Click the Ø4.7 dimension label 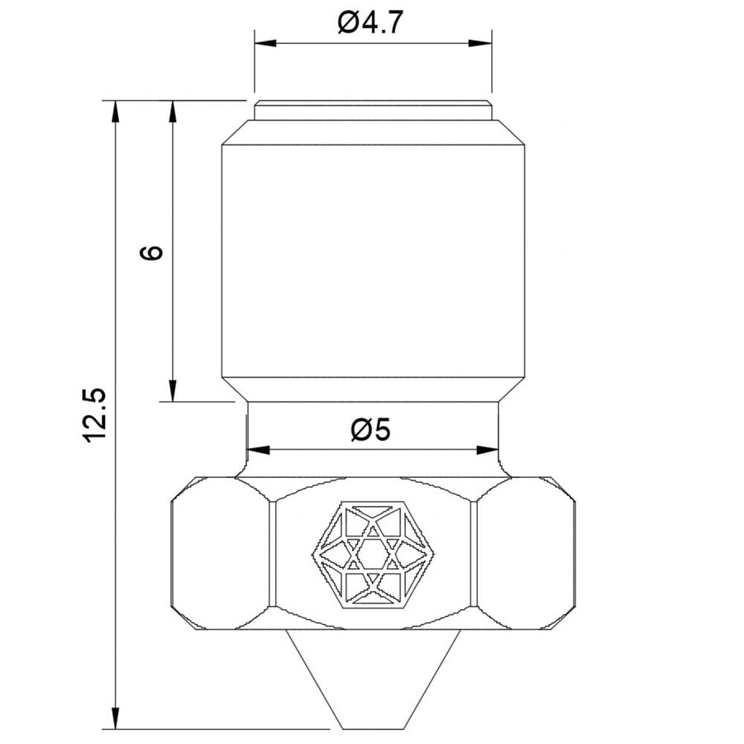click(x=370, y=22)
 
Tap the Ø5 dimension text click(x=370, y=430)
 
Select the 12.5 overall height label click(x=95, y=416)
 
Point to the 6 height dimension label click(x=151, y=252)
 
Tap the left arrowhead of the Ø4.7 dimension click(x=265, y=44)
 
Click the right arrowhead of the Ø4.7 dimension click(x=480, y=44)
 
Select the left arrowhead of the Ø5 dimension click(x=259, y=450)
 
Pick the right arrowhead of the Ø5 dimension click(x=487, y=450)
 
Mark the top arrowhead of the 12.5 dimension click(x=115, y=112)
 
